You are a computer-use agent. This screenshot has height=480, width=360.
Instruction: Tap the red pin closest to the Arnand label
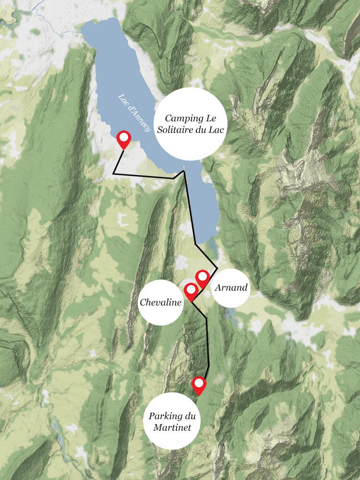(202, 277)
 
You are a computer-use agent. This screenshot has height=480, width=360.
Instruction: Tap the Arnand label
(231, 288)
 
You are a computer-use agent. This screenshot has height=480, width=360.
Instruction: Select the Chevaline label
(160, 302)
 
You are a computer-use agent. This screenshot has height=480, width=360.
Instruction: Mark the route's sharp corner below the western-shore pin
(113, 172)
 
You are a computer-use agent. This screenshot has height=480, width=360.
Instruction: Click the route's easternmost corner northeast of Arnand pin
(217, 267)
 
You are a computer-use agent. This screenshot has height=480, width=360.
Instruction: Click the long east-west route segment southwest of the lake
(144, 175)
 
